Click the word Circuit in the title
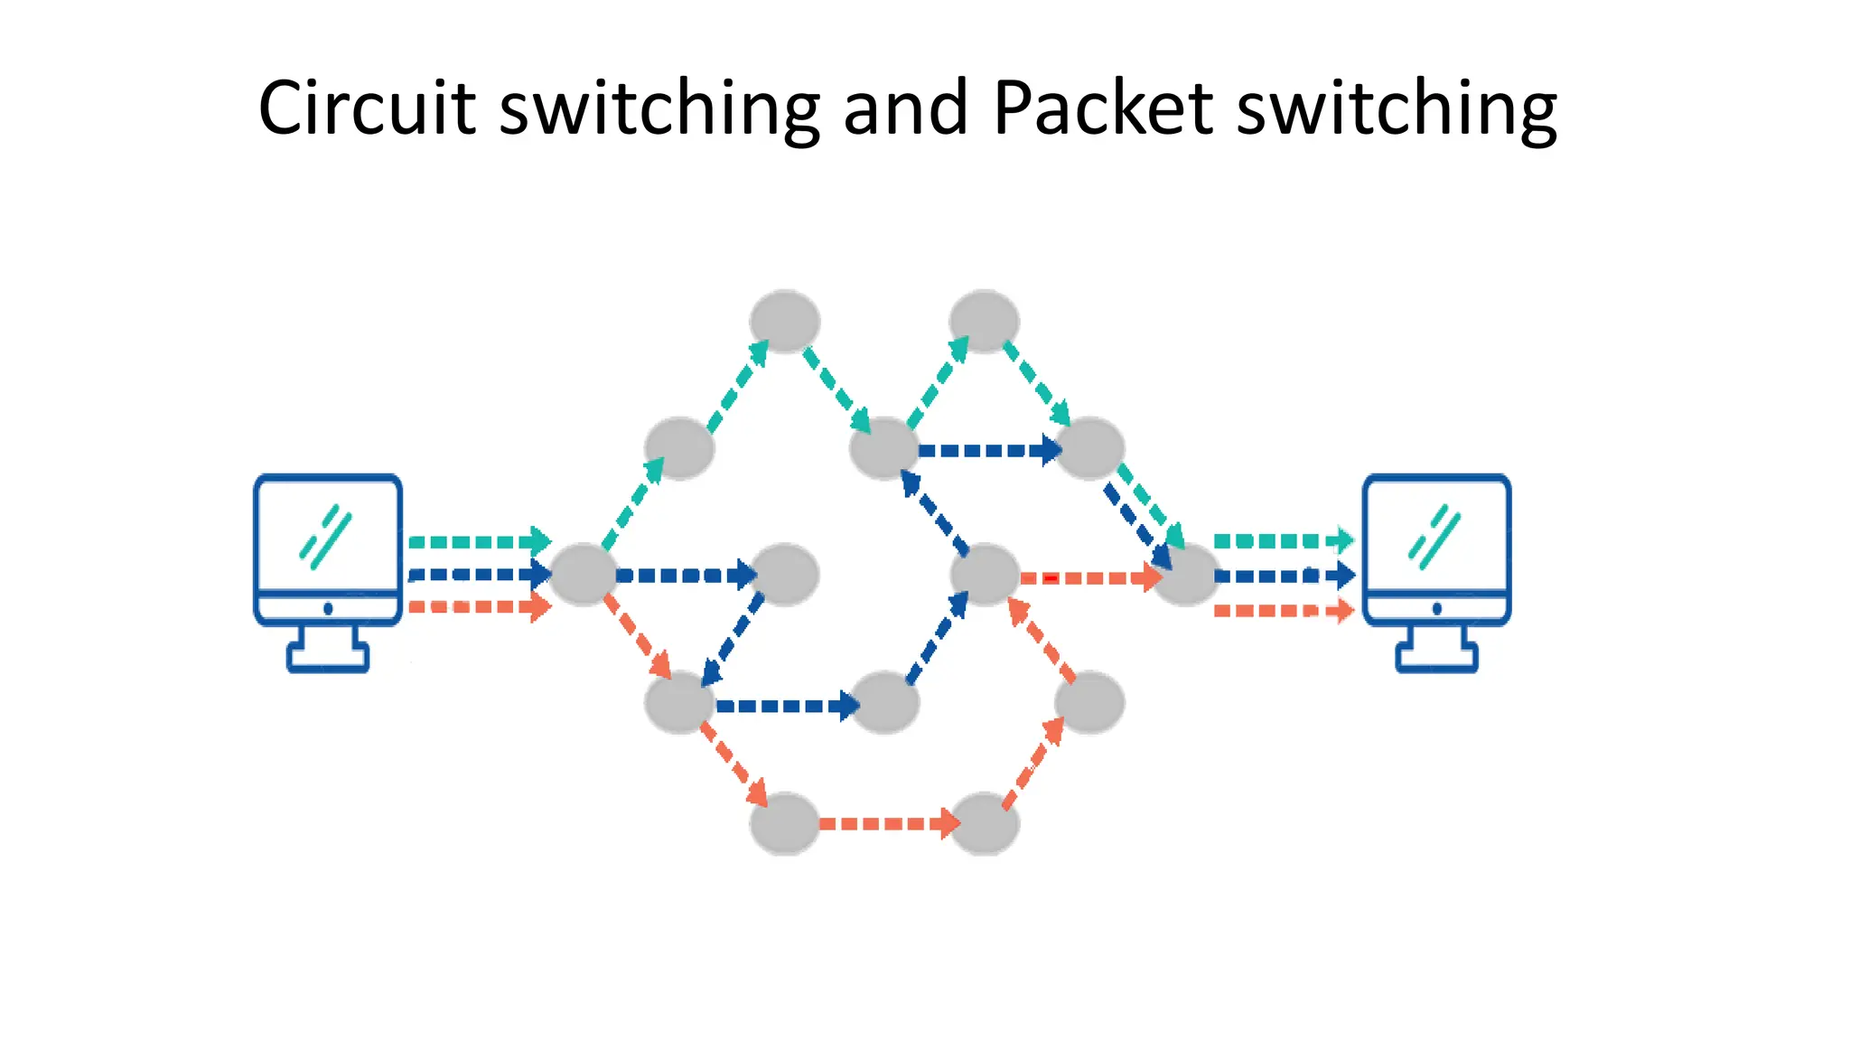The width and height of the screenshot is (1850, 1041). tap(367, 108)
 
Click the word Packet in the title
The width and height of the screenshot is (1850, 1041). tap(1102, 108)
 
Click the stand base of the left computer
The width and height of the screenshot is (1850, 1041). tap(328, 657)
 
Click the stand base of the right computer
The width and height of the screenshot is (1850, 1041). tap(1436, 657)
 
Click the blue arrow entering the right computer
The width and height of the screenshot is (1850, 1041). tap(1283, 575)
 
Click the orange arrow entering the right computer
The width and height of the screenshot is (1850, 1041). tap(1283, 611)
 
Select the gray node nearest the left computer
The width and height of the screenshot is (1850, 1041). tap(583, 575)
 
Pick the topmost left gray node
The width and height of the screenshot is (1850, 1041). tap(784, 321)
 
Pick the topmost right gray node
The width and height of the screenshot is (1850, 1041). tap(985, 321)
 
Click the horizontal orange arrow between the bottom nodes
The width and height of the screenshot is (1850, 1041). tap(885, 823)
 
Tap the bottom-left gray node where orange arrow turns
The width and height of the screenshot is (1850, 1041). tap(784, 823)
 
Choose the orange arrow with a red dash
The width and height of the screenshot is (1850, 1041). tap(1089, 577)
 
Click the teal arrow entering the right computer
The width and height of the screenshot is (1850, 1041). tap(1283, 540)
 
